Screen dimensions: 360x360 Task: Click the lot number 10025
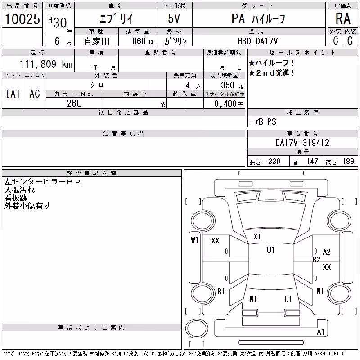[22, 18]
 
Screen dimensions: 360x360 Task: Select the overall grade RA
[343, 18]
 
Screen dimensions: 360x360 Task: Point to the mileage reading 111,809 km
[46, 64]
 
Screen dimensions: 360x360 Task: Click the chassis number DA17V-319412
[302, 143]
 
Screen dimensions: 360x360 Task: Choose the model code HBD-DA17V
[257, 41]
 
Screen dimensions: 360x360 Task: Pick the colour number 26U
[74, 103]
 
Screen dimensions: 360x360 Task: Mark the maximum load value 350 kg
[232, 85]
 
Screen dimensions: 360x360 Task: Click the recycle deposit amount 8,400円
[229, 104]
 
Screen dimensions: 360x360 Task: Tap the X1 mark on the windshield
[257, 237]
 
